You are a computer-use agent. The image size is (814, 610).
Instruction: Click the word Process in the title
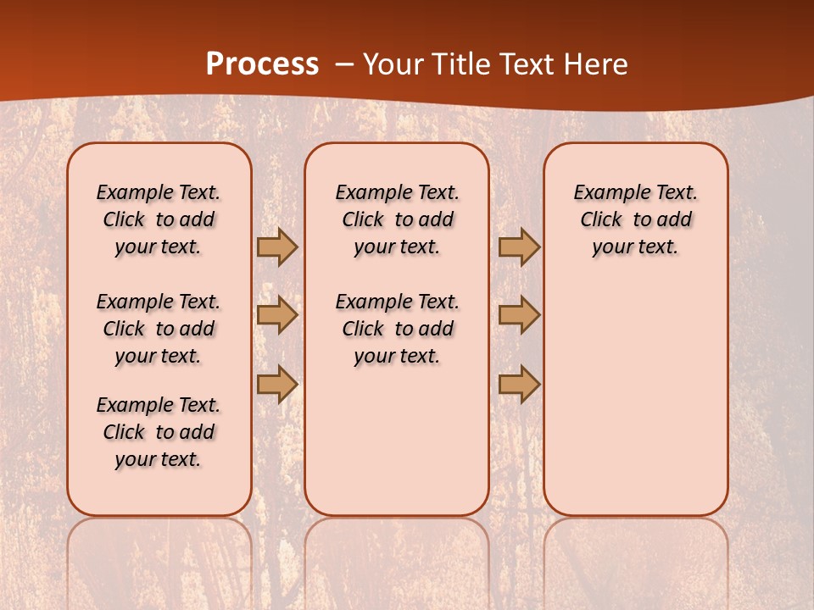[262, 64]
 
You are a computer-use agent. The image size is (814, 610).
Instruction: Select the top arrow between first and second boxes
[276, 247]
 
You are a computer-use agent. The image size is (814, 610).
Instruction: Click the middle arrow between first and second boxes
[276, 315]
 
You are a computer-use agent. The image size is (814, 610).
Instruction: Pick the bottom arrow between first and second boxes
[276, 385]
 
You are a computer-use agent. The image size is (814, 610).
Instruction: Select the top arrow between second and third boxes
[518, 247]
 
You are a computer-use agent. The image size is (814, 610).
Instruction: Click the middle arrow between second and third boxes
[518, 315]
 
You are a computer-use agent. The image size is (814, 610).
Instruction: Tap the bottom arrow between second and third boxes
[518, 385]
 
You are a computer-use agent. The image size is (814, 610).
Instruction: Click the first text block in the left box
[159, 219]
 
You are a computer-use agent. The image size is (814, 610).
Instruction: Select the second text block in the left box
[159, 329]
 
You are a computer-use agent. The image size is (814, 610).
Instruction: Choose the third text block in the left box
[159, 432]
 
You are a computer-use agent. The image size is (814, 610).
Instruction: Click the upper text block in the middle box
[397, 219]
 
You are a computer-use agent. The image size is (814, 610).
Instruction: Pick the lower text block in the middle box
[397, 329]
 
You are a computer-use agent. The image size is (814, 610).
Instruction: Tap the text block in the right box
[635, 219]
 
